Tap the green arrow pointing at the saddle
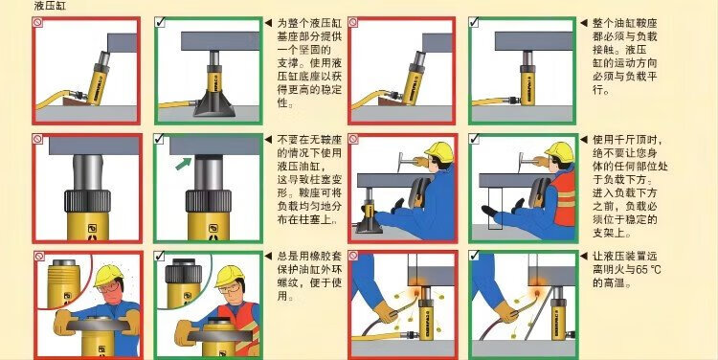pyautogui.click(x=184, y=163)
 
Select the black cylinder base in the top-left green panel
pyautogui.click(x=214, y=105)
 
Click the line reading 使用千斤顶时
pyautogui.click(x=628, y=140)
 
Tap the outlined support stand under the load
pyautogui.click(x=495, y=208)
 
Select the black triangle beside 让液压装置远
pyautogui.click(x=583, y=256)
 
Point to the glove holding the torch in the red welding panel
pyautogui.click(x=385, y=312)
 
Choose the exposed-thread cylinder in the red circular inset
pyautogui.click(x=64, y=279)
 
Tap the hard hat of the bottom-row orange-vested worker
pyautogui.click(x=230, y=276)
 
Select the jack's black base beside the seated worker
pyautogui.click(x=370, y=225)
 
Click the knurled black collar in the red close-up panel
pyautogui.click(x=87, y=201)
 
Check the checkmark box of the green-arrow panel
pyautogui.click(x=159, y=139)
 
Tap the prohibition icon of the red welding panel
pyautogui.click(x=353, y=256)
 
